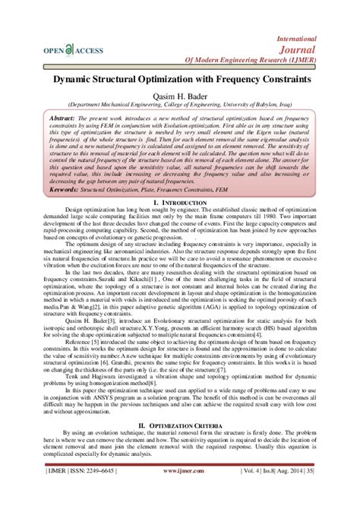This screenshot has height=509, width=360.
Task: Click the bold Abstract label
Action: (65, 120)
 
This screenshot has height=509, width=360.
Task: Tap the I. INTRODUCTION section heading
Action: (180, 204)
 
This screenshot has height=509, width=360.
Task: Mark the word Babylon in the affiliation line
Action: (279, 106)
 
